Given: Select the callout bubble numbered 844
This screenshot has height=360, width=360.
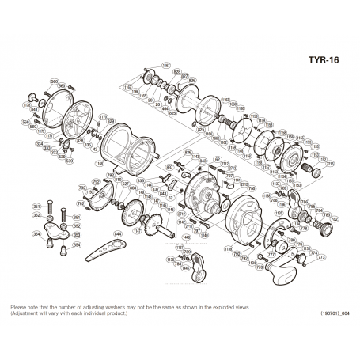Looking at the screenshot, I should pos(118,234).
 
